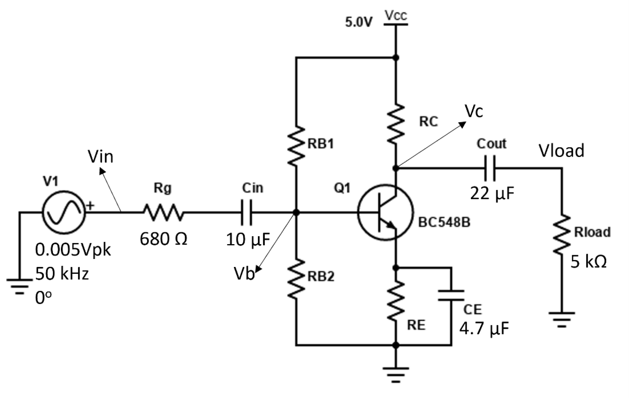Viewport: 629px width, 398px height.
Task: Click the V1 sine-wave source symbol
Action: (63, 213)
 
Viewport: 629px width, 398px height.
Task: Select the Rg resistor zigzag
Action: (163, 213)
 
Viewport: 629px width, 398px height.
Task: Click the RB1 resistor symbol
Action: (296, 146)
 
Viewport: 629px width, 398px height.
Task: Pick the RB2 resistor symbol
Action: (296, 280)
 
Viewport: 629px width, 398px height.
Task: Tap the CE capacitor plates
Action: (451, 295)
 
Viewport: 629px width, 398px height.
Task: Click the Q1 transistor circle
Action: (385, 213)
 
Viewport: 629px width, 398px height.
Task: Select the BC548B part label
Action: (444, 222)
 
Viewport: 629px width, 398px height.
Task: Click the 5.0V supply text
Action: (359, 22)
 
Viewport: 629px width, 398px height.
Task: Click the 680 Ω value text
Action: (163, 239)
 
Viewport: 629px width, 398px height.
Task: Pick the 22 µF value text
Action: (492, 193)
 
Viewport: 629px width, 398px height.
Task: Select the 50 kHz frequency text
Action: (62, 274)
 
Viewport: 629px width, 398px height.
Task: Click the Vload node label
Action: (561, 151)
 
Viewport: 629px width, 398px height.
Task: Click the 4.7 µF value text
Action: (484, 328)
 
